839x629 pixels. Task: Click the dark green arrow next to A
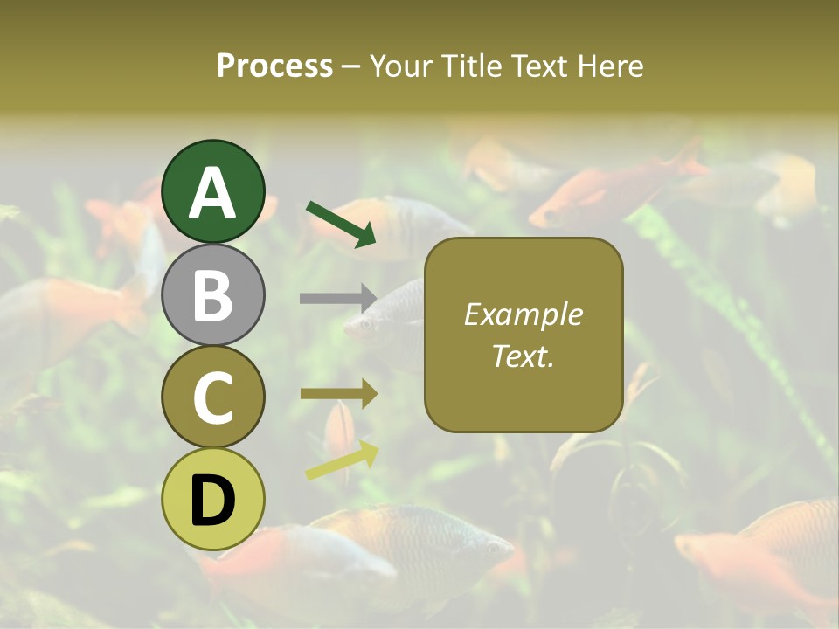pos(341,223)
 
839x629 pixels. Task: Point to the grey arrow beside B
pos(338,298)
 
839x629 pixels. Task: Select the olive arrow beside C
pos(339,394)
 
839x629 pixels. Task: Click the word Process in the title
pos(274,66)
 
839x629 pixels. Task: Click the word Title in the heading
pos(470,66)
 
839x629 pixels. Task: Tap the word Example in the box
pos(524,314)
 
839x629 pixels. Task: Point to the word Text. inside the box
pos(524,356)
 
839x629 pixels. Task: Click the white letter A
pos(212,193)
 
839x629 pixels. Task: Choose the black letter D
pos(212,501)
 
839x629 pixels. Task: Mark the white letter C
pos(212,398)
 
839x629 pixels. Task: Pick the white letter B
pos(212,295)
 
